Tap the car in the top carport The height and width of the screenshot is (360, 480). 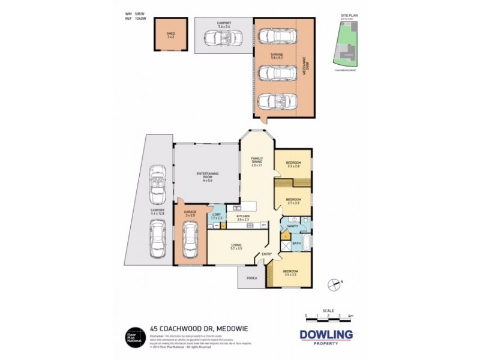point(223,40)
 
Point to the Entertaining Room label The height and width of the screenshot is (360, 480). point(208,175)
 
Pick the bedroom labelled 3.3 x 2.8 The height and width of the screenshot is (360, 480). point(293,164)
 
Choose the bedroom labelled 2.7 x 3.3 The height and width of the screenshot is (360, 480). point(293,201)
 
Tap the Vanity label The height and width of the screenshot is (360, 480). point(293,227)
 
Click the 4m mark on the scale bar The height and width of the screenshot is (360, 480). point(350,315)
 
